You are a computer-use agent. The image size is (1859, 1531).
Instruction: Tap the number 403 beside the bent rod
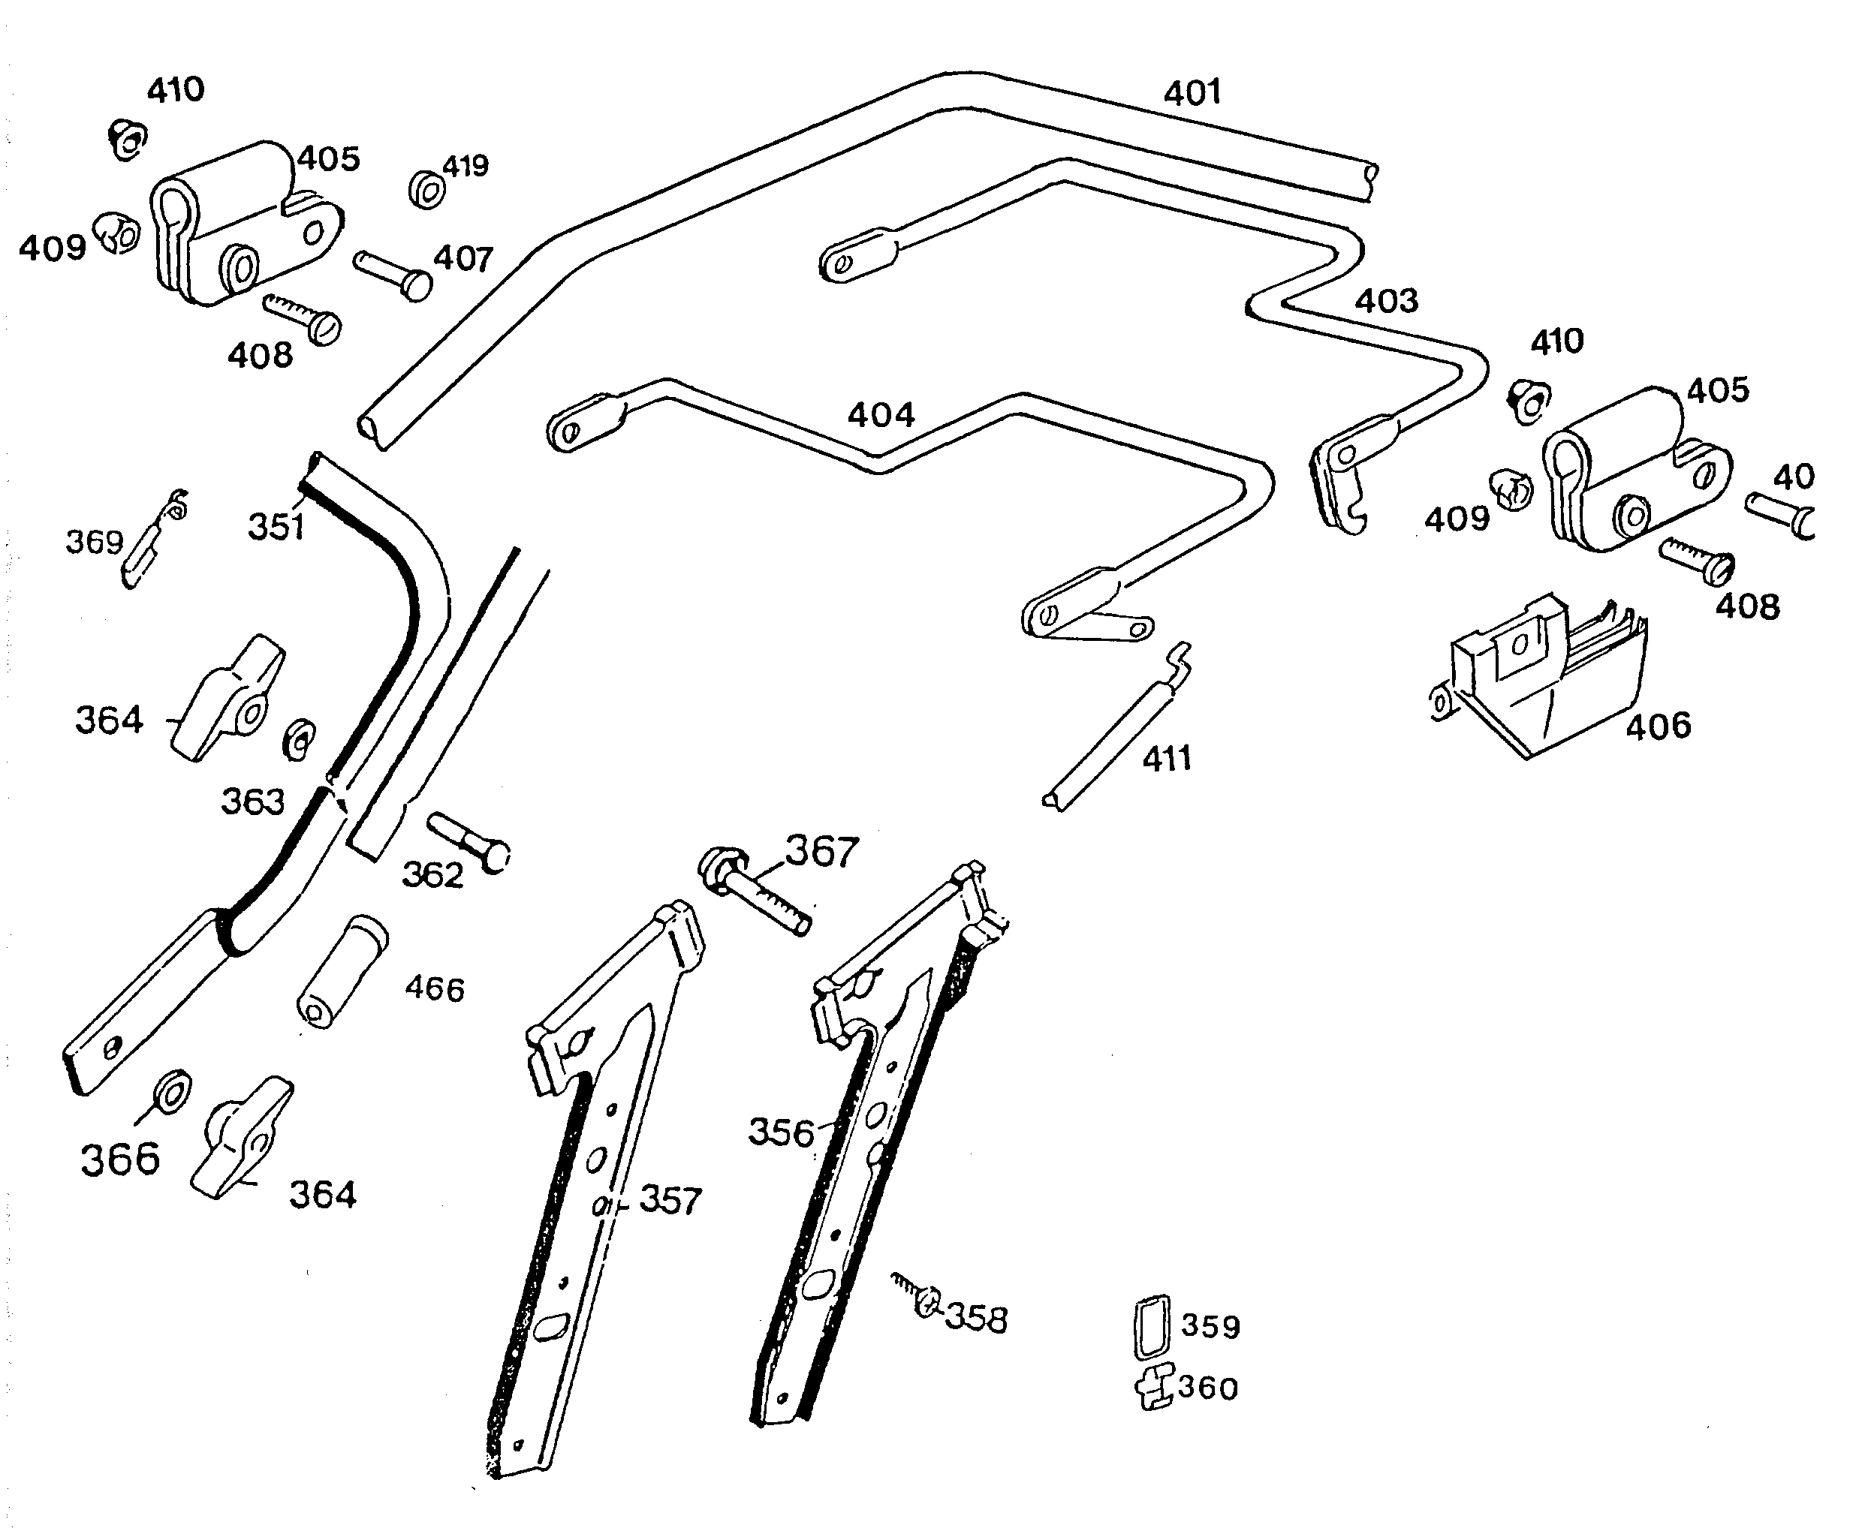[x=1386, y=302]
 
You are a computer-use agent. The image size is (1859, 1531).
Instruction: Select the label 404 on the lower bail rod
[x=881, y=415]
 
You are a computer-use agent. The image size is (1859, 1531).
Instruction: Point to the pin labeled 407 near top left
[x=393, y=274]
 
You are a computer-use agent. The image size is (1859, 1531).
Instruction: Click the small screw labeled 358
[x=917, y=1295]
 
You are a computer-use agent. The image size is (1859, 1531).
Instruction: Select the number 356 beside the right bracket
[x=780, y=1132]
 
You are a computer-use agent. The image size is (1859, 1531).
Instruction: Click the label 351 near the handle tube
[x=276, y=528]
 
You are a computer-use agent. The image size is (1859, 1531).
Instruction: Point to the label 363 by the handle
[x=252, y=802]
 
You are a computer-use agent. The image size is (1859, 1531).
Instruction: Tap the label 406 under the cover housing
[x=1658, y=726]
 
